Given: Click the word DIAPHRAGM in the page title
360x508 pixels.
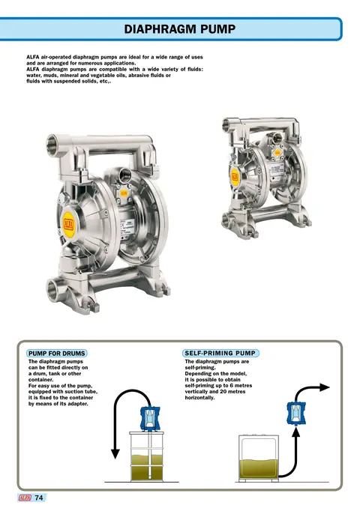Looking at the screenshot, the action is [160, 29].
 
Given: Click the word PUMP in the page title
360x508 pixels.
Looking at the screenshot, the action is [218, 29].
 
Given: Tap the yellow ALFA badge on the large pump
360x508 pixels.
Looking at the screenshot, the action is [68, 224].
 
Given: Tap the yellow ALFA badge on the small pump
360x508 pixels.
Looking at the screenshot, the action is [235, 177].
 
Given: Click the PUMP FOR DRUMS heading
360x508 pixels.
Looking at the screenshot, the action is [57, 353].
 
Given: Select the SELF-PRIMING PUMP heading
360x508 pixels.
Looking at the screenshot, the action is [220, 353].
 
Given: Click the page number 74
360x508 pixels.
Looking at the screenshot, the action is [39, 498].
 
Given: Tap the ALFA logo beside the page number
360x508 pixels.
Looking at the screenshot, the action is [25, 498].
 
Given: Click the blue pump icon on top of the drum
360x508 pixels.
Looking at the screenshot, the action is [150, 418].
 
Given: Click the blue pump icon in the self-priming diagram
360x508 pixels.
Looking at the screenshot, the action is [296, 414].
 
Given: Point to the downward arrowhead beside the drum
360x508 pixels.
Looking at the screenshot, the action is [115, 453].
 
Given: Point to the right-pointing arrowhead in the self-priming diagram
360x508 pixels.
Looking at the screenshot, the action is [325, 387].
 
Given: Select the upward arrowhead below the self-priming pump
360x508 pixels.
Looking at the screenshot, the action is [295, 432].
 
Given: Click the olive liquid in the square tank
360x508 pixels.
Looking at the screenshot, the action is [259, 469].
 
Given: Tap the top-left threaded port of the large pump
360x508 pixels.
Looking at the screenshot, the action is [52, 142].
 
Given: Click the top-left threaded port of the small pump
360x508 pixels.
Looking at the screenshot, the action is [227, 124].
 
